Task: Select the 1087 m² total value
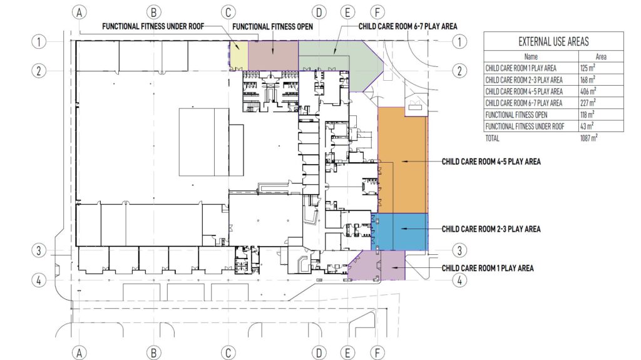[x=588, y=137]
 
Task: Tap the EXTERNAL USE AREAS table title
[x=553, y=41]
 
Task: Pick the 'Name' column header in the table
[x=530, y=56]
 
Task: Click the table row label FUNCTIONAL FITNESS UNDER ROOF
[x=525, y=126]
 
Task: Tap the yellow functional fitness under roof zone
[x=238, y=55]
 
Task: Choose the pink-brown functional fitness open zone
[x=273, y=55]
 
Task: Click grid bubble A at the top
[x=79, y=12]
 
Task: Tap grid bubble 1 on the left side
[x=39, y=42]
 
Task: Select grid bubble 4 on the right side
[x=460, y=280]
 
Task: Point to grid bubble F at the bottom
[x=377, y=352]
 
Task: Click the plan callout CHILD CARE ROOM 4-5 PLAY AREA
[x=491, y=162]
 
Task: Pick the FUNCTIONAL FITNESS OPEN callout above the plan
[x=281, y=27]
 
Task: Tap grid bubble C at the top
[x=229, y=12]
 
